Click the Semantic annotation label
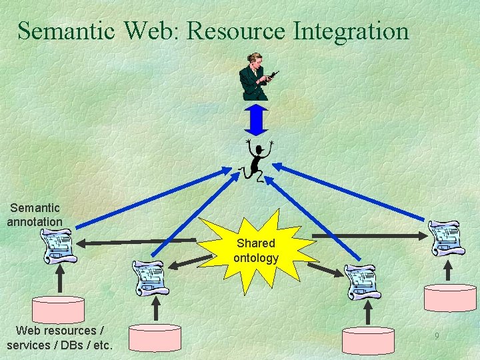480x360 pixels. click(x=35, y=215)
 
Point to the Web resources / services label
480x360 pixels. click(x=59, y=337)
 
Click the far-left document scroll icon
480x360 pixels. click(x=57, y=245)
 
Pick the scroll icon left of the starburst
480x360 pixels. click(x=149, y=277)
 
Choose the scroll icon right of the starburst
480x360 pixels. click(x=363, y=281)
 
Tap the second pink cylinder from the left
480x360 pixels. click(x=155, y=337)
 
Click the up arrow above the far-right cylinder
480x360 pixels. click(x=448, y=269)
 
